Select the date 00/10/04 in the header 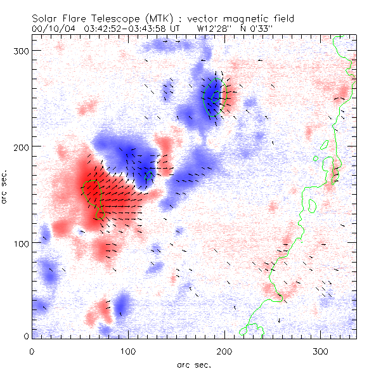pyautogui.click(x=51, y=29)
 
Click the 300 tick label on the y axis pyautogui.click(x=20, y=50)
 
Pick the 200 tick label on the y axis pyautogui.click(x=20, y=146)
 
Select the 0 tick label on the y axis pyautogui.click(x=25, y=335)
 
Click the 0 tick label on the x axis pyautogui.click(x=32, y=351)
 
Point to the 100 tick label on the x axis pyautogui.click(x=128, y=351)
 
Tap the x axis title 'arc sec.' pyautogui.click(x=194, y=365)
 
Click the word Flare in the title pyautogui.click(x=77, y=19)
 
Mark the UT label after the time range pyautogui.click(x=179, y=29)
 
